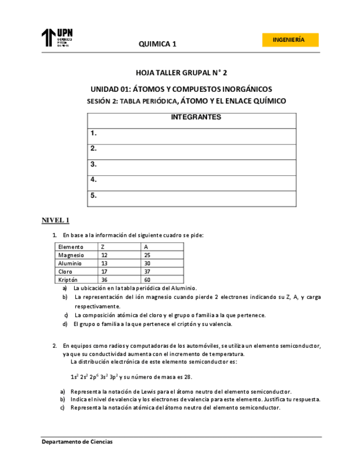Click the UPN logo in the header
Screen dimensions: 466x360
tap(57, 38)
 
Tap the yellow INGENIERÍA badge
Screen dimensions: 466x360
tap(291, 40)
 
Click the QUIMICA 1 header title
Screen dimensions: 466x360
tap(157, 44)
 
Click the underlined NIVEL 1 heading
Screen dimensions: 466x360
tap(56, 221)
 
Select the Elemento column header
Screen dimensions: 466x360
tap(71, 247)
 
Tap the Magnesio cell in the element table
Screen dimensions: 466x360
tap(71, 256)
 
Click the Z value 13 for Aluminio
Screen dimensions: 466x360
tap(104, 264)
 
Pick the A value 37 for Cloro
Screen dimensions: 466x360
tap(147, 271)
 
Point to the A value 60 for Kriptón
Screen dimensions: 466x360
tap(147, 280)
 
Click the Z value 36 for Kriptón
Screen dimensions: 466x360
tap(104, 280)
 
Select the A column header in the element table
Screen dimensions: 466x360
tap(146, 247)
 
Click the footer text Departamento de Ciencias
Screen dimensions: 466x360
tap(77, 442)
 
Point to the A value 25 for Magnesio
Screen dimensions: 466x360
tap(147, 256)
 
